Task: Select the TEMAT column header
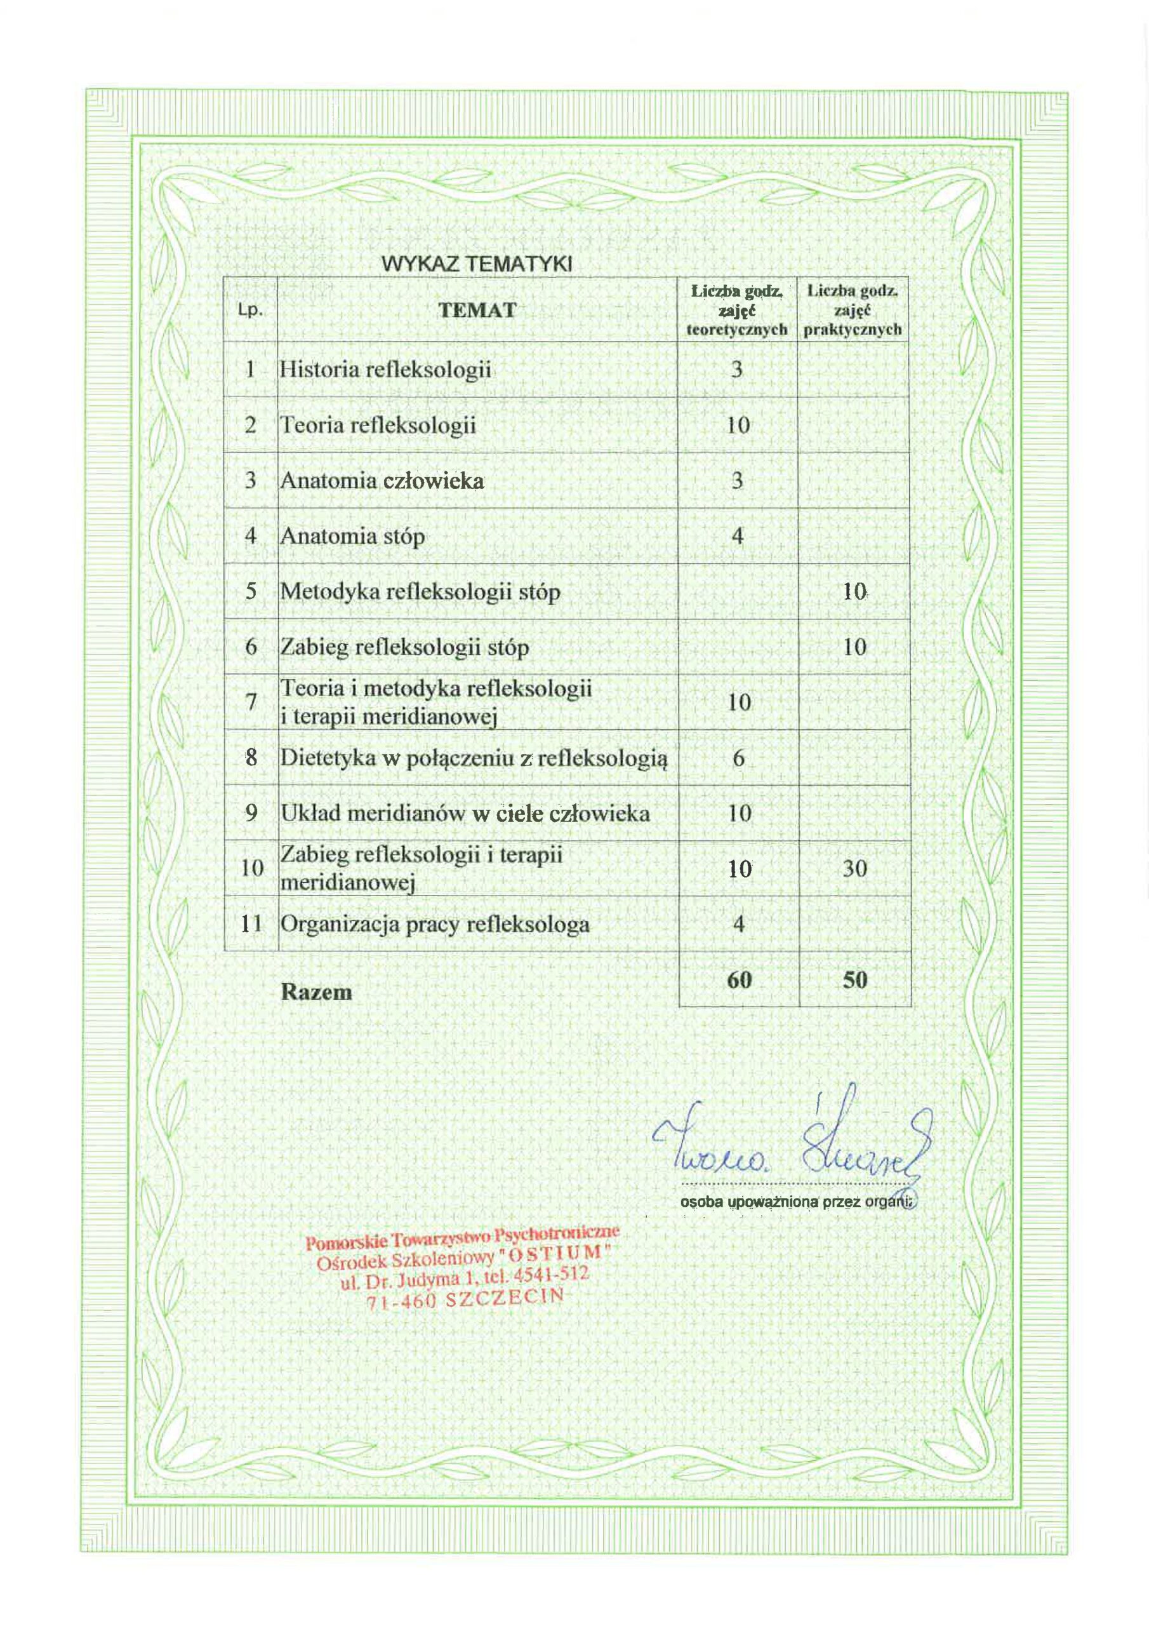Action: (477, 310)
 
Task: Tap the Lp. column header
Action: (250, 311)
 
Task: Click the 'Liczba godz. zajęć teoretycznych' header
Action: (737, 310)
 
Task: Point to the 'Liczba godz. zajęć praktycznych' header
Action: (854, 310)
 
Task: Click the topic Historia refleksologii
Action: (385, 370)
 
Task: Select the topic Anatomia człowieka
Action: (382, 481)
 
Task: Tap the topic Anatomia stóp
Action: (352, 536)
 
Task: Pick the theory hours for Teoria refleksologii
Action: (738, 425)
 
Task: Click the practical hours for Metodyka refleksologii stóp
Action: (854, 591)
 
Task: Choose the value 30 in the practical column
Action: (854, 868)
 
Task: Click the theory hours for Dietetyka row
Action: (738, 758)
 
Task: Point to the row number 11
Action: (251, 924)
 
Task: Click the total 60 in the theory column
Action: (738, 980)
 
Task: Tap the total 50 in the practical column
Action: (855, 980)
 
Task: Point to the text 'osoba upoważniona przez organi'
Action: (797, 1201)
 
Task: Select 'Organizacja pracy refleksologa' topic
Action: (435, 924)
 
